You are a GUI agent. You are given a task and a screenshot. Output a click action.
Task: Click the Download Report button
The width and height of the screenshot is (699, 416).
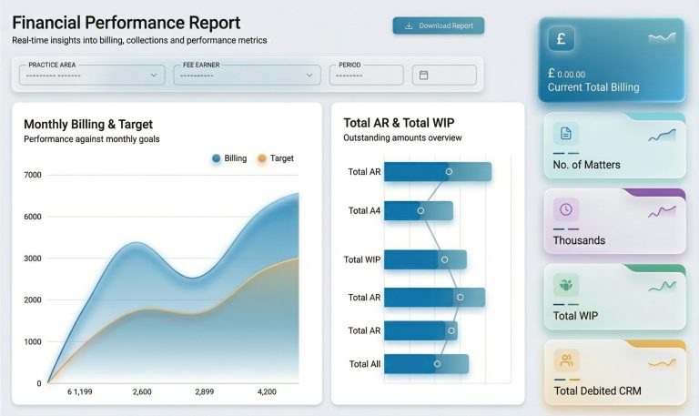coord(439,25)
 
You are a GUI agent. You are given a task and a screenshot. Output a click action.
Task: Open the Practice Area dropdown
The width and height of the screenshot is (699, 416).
coord(91,75)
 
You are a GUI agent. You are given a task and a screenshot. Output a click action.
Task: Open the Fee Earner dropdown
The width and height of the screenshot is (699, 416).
coord(247,75)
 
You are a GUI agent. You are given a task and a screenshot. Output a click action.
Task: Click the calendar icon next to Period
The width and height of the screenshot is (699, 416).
coord(423,75)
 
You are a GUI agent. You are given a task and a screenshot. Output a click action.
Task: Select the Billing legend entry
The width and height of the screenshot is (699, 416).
coord(228,158)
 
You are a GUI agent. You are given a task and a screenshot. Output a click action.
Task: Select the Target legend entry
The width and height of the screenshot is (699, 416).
coord(276,158)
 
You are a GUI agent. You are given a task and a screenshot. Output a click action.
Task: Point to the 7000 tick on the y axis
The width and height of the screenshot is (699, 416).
coord(33,175)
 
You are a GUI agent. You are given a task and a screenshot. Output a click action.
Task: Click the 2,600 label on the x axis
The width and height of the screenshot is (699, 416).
coord(142,391)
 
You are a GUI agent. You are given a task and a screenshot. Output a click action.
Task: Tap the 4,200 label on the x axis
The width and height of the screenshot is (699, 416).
coord(267,391)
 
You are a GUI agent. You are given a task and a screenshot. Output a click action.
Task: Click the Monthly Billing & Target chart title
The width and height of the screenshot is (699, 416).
coord(88,125)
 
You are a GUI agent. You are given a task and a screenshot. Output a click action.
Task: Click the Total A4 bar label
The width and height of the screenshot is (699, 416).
coord(365,210)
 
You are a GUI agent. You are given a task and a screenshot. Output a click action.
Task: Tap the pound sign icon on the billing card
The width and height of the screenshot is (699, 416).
coord(561,39)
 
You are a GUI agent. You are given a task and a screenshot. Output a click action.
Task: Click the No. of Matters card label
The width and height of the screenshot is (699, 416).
coord(586,165)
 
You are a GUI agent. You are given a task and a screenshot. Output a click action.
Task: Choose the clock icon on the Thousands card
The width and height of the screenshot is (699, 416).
coord(565,209)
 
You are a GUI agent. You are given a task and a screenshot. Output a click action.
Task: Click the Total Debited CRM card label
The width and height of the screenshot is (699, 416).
coord(597,391)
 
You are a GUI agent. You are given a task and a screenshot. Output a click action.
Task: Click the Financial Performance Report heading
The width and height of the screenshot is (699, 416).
coord(127,23)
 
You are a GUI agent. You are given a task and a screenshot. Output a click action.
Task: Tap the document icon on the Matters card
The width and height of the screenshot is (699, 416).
coord(565,134)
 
